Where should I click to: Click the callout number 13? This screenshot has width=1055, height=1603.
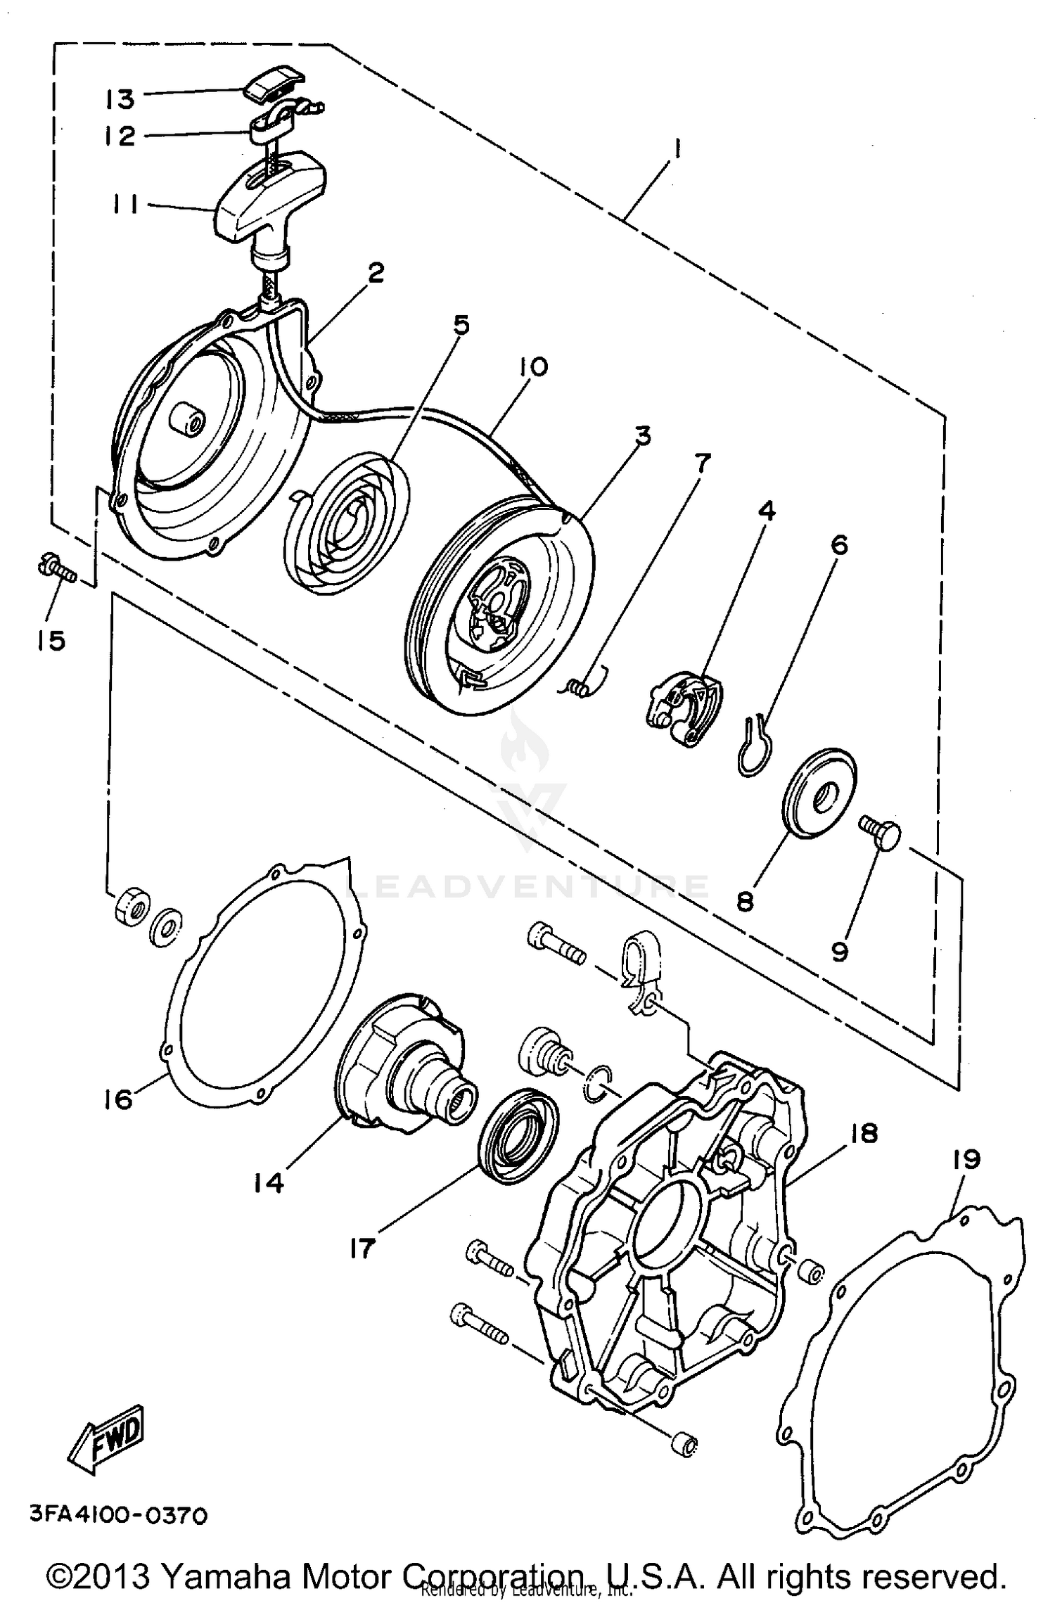[x=120, y=98]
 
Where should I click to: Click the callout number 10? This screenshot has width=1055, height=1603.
[x=534, y=366]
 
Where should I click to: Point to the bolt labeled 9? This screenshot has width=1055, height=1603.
[x=879, y=836]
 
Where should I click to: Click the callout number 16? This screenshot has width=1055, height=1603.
[x=117, y=1099]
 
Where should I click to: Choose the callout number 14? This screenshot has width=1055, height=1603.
[x=269, y=1183]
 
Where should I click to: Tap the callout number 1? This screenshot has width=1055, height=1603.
[x=677, y=150]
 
